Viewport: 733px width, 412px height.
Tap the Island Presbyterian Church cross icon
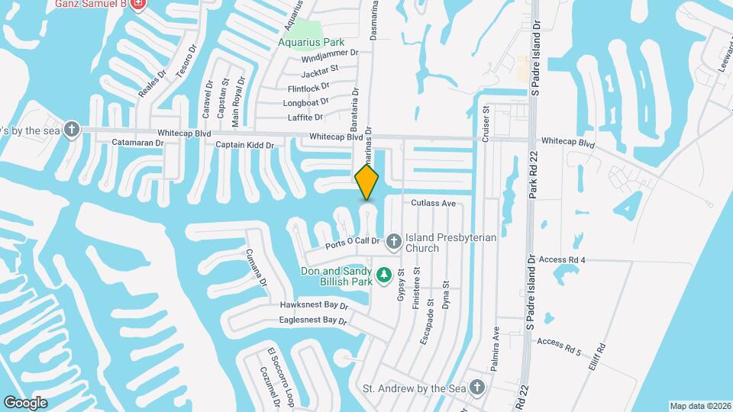394,242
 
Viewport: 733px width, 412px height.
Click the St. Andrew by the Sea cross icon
478,388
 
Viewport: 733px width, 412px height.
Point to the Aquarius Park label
312,43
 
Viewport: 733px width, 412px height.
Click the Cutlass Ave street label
433,204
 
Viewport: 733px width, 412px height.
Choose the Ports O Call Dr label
353,243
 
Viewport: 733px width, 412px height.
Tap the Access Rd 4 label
561,260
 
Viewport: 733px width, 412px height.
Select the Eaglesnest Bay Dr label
313,321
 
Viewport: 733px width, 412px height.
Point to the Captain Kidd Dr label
244,144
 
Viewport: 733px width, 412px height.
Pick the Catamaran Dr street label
138,143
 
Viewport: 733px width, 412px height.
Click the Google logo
26,402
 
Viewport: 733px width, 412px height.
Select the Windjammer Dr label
330,54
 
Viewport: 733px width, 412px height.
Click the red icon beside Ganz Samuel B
138,5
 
